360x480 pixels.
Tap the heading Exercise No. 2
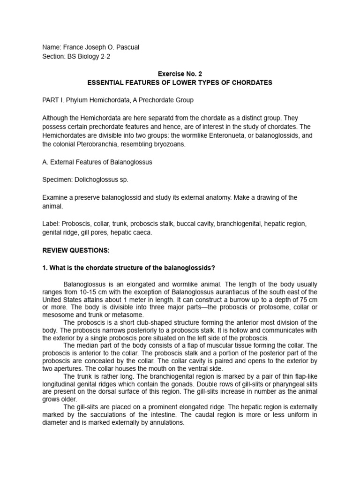[180, 74]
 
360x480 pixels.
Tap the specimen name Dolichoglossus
[96, 180]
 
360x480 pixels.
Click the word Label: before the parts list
[51, 224]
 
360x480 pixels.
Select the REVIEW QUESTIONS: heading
[75, 250]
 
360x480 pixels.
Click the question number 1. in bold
[45, 268]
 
